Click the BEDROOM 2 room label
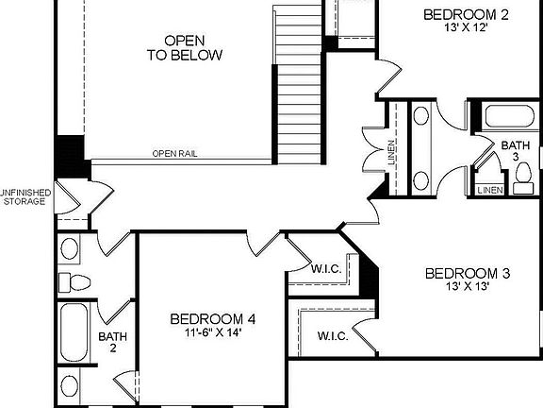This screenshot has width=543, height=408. pyautogui.click(x=466, y=14)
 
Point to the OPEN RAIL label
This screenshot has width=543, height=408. pyautogui.click(x=174, y=153)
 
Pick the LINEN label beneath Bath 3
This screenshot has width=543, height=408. pyautogui.click(x=489, y=190)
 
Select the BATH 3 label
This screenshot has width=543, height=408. pyautogui.click(x=515, y=152)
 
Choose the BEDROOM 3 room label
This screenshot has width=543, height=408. pyautogui.click(x=468, y=274)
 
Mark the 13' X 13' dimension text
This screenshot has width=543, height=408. pyautogui.click(x=468, y=287)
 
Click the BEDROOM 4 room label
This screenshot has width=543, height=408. pyautogui.click(x=213, y=319)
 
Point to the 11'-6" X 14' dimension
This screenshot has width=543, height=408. pyautogui.click(x=213, y=333)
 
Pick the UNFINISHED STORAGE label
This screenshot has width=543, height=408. pyautogui.click(x=25, y=195)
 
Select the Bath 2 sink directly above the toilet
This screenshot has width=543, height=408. pyautogui.click(x=70, y=249)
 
